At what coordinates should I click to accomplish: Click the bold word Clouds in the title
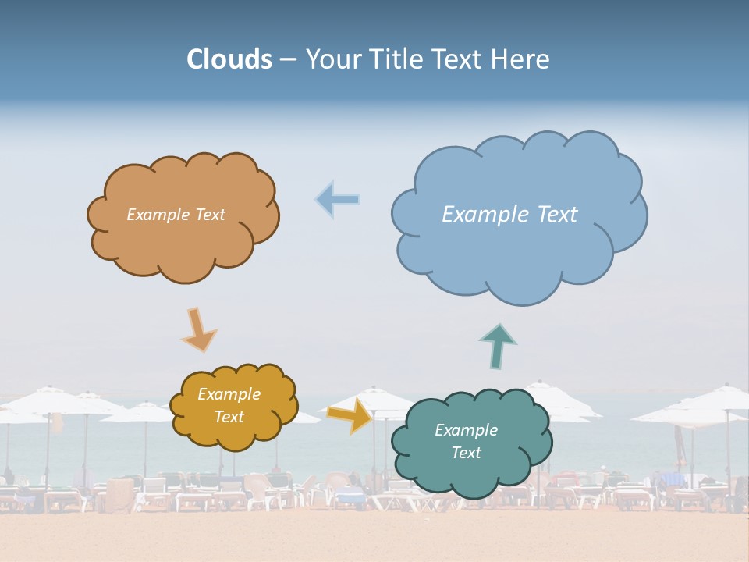click(x=229, y=59)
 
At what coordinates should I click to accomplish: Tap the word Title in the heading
click(x=396, y=59)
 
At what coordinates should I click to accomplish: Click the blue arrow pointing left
click(x=338, y=200)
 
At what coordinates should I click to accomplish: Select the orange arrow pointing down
click(x=198, y=329)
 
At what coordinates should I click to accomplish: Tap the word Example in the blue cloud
click(x=477, y=215)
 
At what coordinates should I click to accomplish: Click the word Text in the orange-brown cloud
click(x=208, y=215)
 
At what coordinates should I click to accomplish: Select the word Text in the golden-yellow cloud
click(x=229, y=417)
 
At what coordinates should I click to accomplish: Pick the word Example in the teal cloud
click(x=466, y=430)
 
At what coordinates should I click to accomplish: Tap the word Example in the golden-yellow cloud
click(x=229, y=394)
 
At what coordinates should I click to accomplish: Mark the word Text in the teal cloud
click(x=466, y=453)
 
